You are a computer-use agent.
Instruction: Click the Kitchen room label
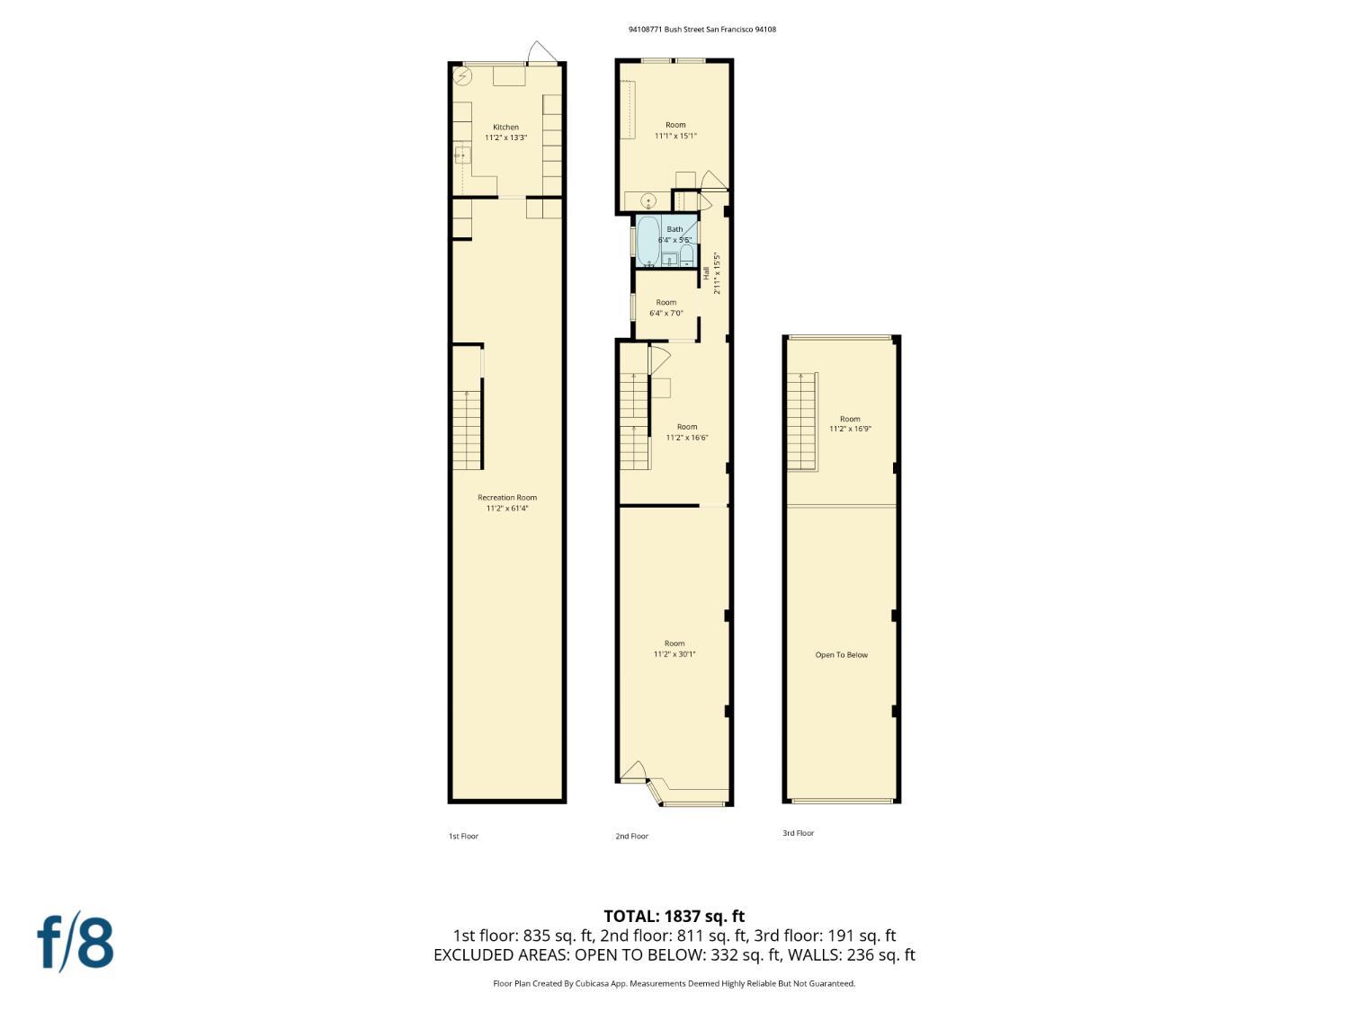(x=505, y=127)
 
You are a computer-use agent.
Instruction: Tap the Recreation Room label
(x=506, y=497)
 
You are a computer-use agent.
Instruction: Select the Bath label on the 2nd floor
(x=674, y=229)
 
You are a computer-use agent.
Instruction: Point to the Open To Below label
(x=841, y=655)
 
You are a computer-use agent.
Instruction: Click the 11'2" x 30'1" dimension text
(x=674, y=654)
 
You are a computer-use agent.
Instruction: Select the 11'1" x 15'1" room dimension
(x=674, y=136)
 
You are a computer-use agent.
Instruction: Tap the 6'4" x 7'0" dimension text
(x=666, y=314)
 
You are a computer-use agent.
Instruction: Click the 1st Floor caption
(x=463, y=837)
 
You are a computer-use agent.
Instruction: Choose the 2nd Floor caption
(x=631, y=837)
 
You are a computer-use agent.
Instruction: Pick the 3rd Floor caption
(x=798, y=833)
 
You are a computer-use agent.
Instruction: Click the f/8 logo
(x=76, y=942)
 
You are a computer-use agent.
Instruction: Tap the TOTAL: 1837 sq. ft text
(x=674, y=917)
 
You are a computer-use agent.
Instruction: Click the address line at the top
(x=701, y=29)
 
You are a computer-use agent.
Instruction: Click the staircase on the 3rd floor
(x=801, y=420)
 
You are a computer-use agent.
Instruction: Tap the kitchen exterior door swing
(x=541, y=53)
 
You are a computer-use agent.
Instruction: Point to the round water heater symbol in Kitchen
(x=463, y=76)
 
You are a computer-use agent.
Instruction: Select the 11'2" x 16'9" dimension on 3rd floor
(x=850, y=430)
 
